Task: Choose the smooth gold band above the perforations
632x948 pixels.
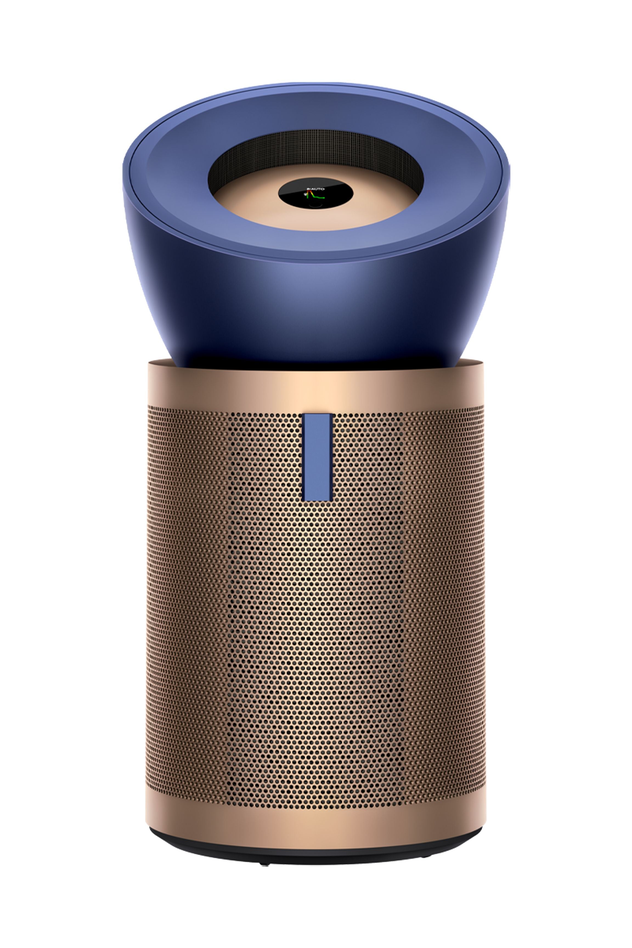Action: (316, 387)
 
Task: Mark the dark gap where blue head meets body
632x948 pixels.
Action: (316, 365)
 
